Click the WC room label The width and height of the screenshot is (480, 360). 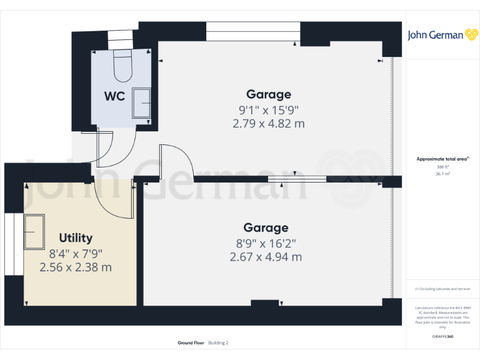[114, 96]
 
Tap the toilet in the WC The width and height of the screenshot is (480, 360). [122, 66]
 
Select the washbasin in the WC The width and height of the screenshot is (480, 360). [142, 103]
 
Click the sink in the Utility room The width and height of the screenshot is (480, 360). [34, 231]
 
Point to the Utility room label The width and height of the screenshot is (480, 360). [76, 237]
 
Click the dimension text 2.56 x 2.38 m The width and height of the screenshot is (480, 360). [76, 267]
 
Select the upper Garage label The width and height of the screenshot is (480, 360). [269, 94]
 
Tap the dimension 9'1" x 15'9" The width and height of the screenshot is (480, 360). [269, 109]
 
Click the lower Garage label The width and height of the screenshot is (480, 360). [266, 227]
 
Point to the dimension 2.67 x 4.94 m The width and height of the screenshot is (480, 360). [266, 257]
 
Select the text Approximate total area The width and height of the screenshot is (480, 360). [442, 159]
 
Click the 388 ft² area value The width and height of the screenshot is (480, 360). [442, 167]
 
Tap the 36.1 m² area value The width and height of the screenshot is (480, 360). [442, 174]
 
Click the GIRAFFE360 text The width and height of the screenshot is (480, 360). [442, 337]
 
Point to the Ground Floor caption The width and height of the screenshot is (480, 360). [189, 343]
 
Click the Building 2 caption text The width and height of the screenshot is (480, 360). [219, 343]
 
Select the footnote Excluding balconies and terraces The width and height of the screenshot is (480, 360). [442, 289]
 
